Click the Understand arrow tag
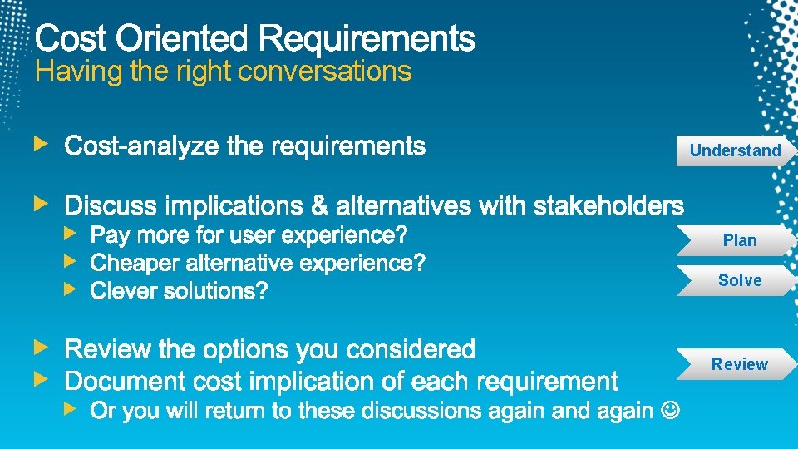[x=735, y=150]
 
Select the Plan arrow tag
[x=739, y=240]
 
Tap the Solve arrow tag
[x=739, y=280]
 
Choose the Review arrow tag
[x=739, y=364]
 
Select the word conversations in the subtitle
[x=324, y=72]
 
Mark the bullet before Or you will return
[x=71, y=409]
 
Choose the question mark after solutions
[x=263, y=291]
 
